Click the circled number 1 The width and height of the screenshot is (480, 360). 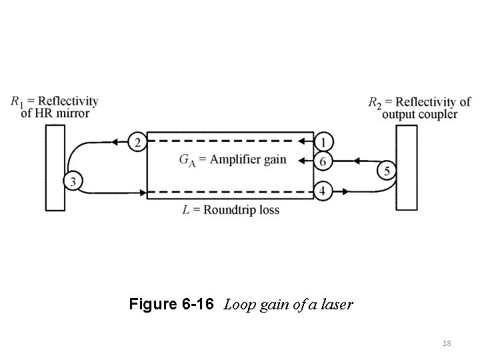(x=323, y=142)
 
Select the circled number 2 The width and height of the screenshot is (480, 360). (x=137, y=142)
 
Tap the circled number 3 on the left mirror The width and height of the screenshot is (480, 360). (x=73, y=180)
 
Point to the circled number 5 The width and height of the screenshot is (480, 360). (x=385, y=171)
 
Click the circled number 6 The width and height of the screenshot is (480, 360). (x=323, y=161)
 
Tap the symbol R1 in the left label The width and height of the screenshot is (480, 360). (x=17, y=102)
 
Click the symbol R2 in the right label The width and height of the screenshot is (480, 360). (x=375, y=103)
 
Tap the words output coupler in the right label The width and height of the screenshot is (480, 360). (x=420, y=114)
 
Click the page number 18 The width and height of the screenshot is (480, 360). (x=447, y=343)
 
